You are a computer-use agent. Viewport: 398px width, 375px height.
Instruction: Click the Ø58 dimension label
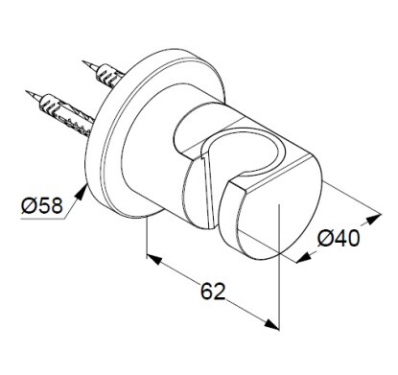42,205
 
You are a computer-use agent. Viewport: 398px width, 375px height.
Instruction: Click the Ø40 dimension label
339,238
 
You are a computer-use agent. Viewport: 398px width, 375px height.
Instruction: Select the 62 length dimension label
213,292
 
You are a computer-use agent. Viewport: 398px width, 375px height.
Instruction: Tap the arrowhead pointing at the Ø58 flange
82,192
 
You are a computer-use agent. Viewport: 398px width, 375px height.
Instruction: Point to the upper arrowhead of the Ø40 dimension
374,219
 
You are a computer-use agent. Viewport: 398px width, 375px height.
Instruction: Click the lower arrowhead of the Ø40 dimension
304,258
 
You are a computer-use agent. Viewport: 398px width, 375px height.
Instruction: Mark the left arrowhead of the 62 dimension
154,259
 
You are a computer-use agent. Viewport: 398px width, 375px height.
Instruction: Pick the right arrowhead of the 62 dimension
272,324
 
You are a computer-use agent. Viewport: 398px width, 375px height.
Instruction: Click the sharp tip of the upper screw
82,61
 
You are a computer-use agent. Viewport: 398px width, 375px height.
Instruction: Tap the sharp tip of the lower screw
26,91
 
